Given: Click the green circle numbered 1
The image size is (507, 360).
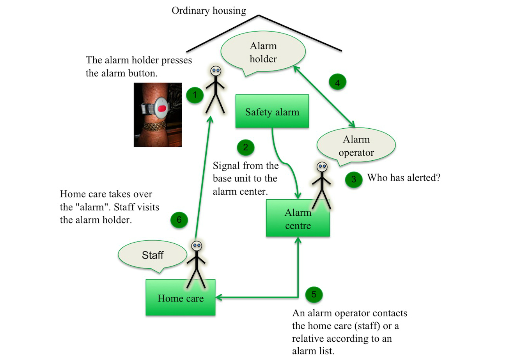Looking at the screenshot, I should tap(195, 95).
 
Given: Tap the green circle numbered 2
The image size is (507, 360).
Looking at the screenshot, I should tap(245, 147).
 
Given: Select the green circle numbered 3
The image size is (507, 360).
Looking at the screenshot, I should tap(353, 180).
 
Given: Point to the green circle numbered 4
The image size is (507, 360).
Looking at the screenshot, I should tap(338, 83).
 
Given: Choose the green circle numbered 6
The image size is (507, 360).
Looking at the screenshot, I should tap(179, 220).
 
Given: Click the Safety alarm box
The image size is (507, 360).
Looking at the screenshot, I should tap(272, 112).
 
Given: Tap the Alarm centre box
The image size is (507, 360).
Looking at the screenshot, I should tap(298, 218).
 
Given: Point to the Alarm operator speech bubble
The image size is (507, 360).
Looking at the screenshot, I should tap(356, 145).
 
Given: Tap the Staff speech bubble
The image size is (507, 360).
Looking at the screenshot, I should tap(152, 256).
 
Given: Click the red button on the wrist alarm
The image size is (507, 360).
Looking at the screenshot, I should tap(163, 108).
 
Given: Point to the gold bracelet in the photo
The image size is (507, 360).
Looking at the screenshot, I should tap(156, 126).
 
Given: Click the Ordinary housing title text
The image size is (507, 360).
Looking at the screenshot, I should tap(209, 11).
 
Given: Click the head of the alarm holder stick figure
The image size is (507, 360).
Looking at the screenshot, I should tap(216, 71).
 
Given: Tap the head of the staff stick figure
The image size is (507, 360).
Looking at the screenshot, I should tap(197, 246).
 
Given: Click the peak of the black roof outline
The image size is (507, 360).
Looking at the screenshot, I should tap(259, 16).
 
